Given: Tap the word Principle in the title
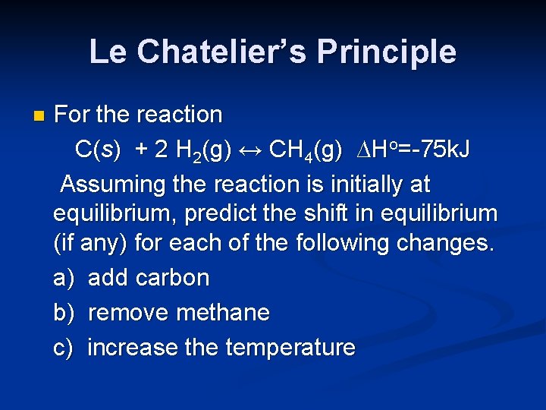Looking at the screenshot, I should coord(387,52).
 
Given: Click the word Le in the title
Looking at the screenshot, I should coord(106,52).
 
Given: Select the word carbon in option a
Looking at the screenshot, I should coord(172,278).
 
